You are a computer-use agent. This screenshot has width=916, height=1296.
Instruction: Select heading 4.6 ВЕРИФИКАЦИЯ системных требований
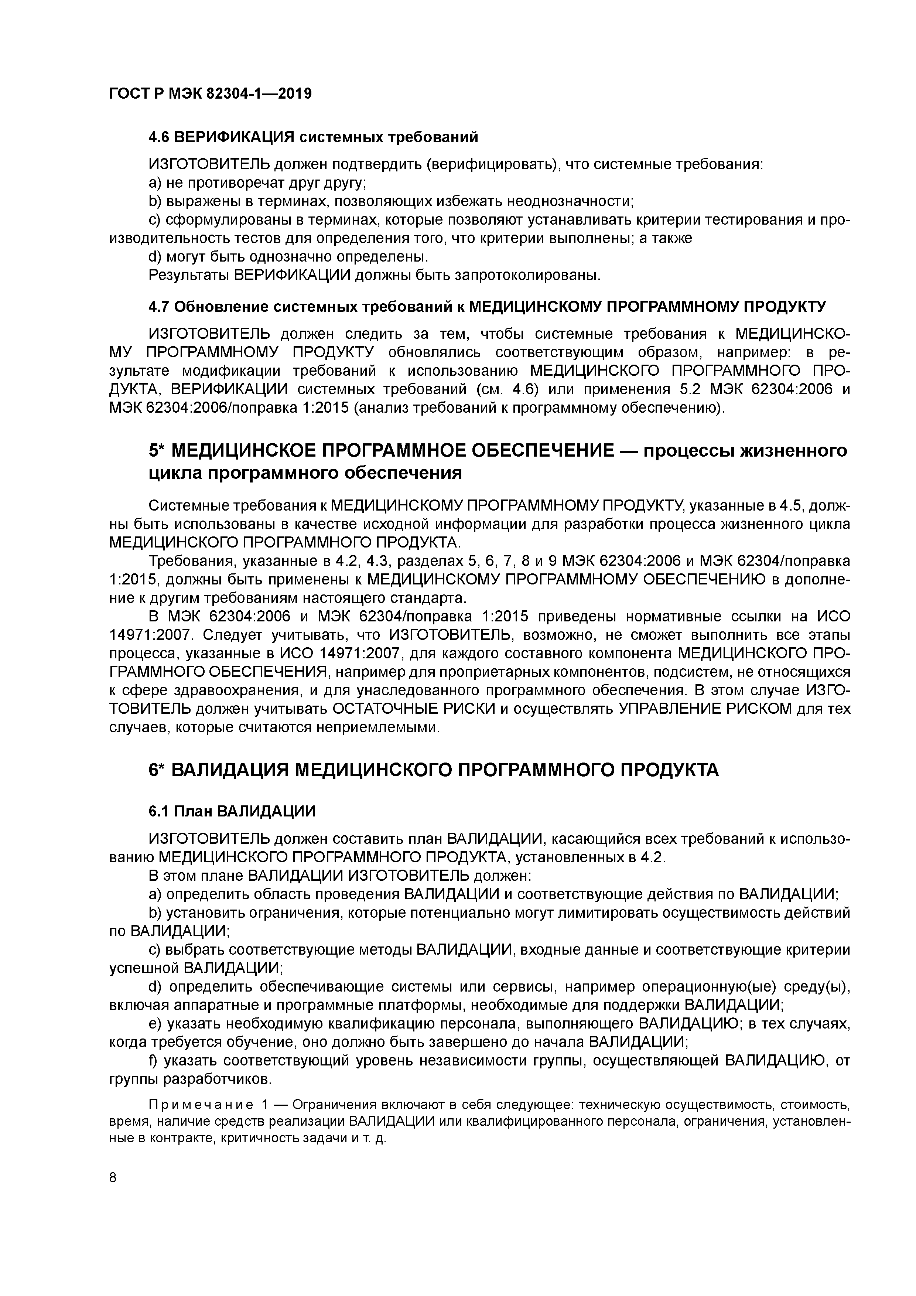click(x=313, y=137)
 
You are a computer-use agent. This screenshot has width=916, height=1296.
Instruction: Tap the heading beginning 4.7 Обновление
click(x=486, y=307)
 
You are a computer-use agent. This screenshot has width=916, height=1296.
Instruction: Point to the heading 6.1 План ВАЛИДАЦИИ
click(x=232, y=811)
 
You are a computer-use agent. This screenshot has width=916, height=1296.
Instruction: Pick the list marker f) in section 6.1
click(x=153, y=1061)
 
